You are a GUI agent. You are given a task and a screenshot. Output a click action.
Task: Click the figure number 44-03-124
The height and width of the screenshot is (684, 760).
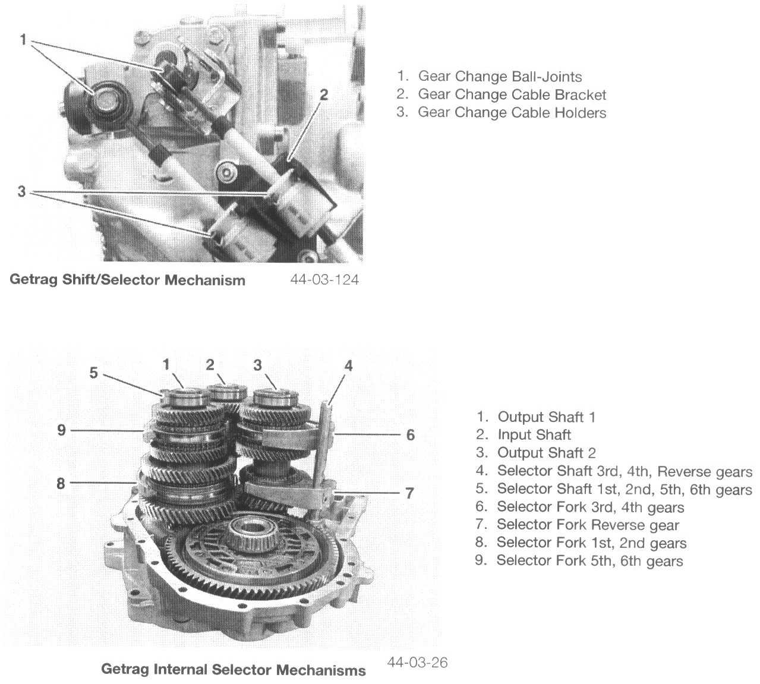tap(324, 279)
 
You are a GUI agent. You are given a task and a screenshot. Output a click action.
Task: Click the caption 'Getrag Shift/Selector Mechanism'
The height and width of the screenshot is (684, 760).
tap(127, 280)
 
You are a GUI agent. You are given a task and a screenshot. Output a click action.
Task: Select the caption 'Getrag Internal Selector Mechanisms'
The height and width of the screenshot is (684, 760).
tap(234, 670)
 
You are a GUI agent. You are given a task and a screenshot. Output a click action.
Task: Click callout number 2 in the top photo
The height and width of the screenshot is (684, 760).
tap(323, 94)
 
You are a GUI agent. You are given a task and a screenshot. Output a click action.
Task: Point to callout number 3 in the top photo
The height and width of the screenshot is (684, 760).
tap(22, 192)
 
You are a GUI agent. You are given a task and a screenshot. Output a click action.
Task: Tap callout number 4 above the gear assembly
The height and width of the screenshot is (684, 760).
tap(349, 365)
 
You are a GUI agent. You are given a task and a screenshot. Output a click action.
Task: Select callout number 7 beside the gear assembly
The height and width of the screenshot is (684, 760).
tap(409, 493)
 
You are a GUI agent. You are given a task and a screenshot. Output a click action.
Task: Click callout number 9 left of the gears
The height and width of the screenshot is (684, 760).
tap(62, 430)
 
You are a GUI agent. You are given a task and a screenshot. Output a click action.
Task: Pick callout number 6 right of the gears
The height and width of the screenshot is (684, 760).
tap(411, 435)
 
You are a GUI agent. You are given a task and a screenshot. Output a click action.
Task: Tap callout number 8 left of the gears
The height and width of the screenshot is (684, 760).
tap(61, 483)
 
